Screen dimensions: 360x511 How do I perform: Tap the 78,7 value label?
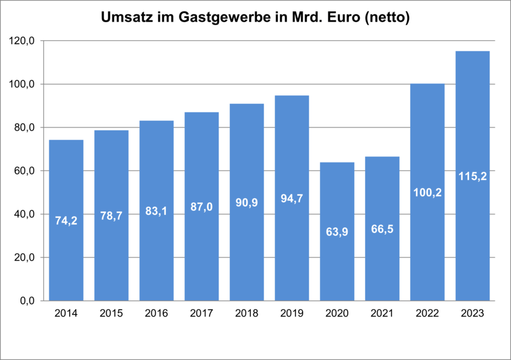click(111, 216)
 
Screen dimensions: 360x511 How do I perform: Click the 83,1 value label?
click(156, 211)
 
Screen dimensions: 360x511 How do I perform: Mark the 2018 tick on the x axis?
click(246, 313)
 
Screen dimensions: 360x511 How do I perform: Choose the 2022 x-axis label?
click(428, 313)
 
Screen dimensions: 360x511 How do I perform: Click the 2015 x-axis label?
click(111, 313)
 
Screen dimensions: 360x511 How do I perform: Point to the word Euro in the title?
click(345, 18)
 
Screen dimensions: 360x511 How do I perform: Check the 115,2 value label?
click(473, 176)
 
